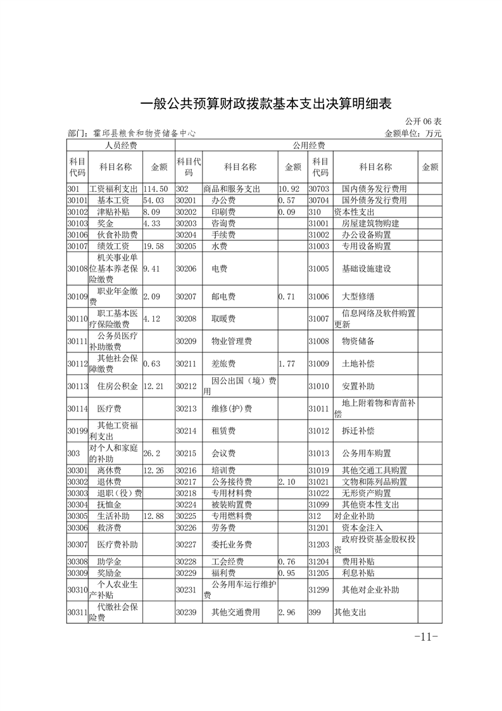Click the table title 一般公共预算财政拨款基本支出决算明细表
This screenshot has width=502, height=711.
tap(251, 103)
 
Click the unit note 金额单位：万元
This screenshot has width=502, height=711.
tap(413, 134)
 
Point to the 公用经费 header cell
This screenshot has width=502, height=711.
tap(308, 145)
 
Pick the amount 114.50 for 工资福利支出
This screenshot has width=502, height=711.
tap(156, 189)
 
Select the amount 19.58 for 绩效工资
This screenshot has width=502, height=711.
tap(154, 246)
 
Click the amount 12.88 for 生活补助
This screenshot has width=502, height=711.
tap(154, 516)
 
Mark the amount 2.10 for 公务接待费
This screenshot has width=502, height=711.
tap(287, 482)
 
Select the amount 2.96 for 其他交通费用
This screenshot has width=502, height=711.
tap(287, 613)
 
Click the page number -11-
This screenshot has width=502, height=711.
tap(425, 637)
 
